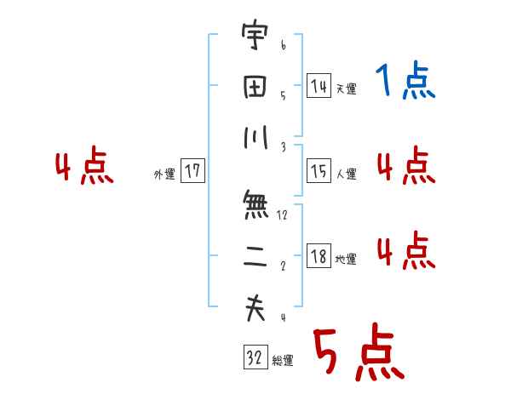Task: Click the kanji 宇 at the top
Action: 255,37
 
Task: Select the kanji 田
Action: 255,87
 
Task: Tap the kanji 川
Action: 255,138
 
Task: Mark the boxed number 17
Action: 192,172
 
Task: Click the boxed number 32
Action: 255,358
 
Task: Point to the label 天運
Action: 346,89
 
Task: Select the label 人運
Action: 346,174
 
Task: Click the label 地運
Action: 346,260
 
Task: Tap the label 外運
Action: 164,174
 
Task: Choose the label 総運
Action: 283,361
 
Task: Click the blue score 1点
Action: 405,82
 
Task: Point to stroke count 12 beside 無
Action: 282,215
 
